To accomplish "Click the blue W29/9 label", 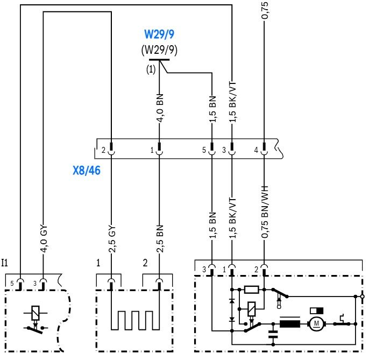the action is [x=159, y=34].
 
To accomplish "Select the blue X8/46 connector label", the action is [x=87, y=171].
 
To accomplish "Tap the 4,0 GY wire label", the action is [x=44, y=239].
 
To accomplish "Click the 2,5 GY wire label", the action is [x=112, y=239].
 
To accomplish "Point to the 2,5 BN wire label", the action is [x=160, y=239].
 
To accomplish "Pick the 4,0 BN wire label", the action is [x=160, y=108].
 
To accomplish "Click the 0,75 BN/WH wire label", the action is [x=265, y=212].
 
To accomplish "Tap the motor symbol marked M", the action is [x=316, y=324].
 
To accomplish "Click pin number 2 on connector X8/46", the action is [x=103, y=150].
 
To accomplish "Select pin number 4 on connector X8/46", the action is [x=256, y=150].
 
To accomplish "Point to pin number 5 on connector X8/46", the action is [x=204, y=150].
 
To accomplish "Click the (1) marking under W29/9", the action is [x=151, y=69].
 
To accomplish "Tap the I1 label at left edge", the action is [x=5, y=263].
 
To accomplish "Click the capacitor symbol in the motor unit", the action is [x=273, y=335].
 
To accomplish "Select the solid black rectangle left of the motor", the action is [x=290, y=324].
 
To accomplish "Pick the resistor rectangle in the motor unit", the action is [x=252, y=290].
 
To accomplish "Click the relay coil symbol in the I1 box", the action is [x=36, y=313].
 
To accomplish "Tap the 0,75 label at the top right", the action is [x=265, y=11].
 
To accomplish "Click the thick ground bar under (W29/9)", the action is [x=159, y=60].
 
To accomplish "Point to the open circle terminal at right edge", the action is [x=363, y=297].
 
